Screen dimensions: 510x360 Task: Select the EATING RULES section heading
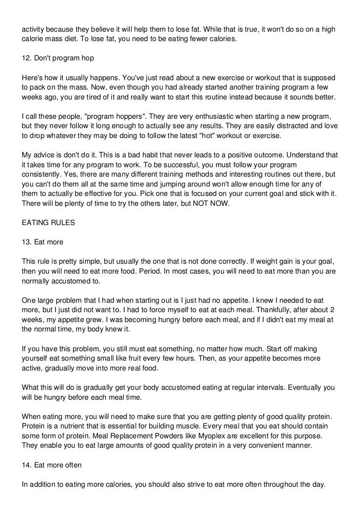48,223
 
